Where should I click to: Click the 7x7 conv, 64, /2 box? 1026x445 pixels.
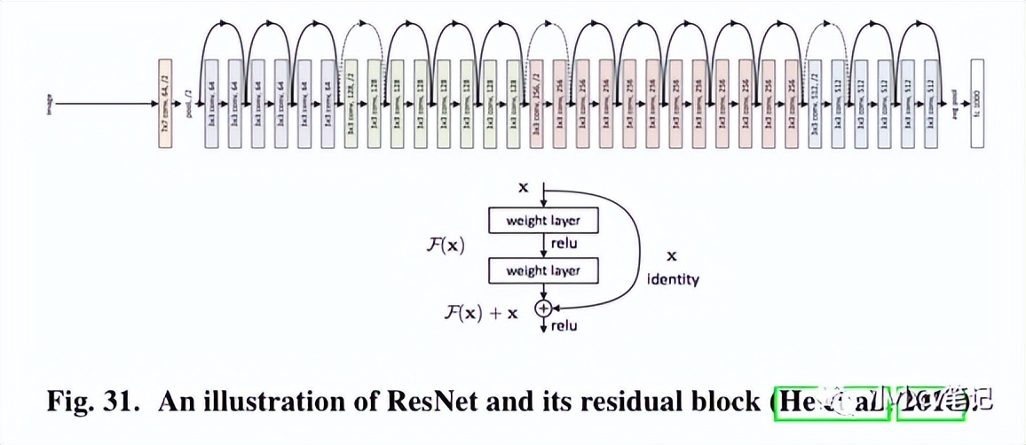[x=165, y=103]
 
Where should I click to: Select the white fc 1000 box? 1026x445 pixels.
[x=978, y=103]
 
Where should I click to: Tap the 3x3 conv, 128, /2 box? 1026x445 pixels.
[x=351, y=103]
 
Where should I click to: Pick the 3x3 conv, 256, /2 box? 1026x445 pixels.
[x=537, y=103]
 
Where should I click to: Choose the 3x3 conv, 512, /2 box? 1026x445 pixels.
[x=815, y=103]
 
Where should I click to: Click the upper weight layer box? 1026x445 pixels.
[x=543, y=220]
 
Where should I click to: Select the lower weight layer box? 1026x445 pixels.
[x=543, y=270]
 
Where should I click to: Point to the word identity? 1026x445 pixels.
[x=673, y=279]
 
